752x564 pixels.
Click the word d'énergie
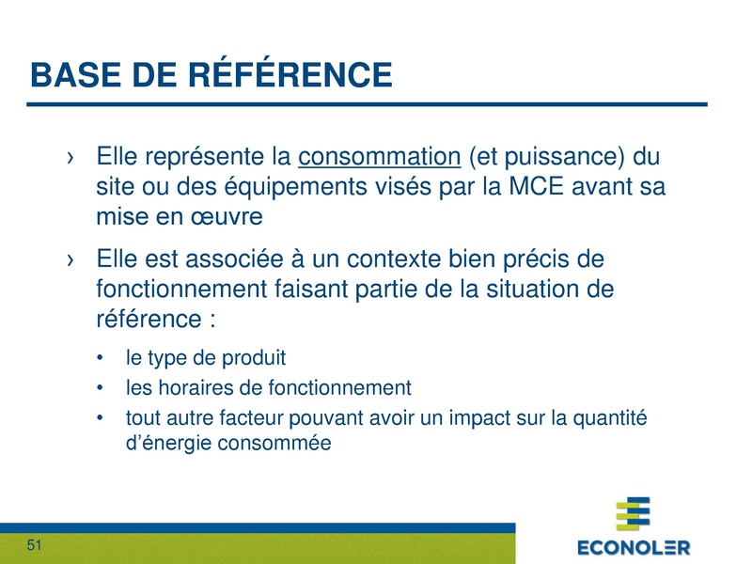164,443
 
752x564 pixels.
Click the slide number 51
36,546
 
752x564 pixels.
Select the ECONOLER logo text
634,547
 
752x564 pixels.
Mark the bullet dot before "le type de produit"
101,358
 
